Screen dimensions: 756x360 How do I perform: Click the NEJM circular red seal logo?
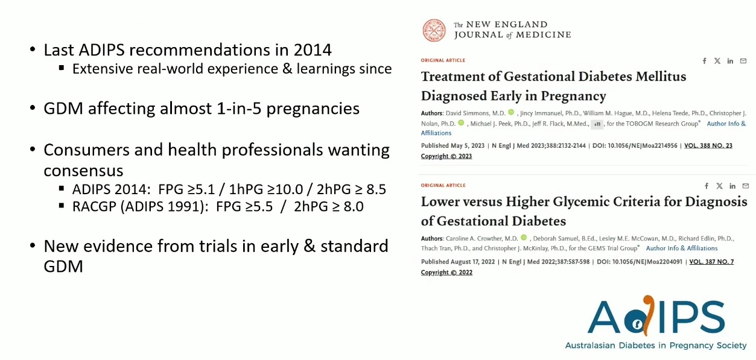click(x=434, y=30)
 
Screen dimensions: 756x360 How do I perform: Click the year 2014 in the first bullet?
click(x=313, y=50)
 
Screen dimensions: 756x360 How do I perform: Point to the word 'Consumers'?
click(x=86, y=150)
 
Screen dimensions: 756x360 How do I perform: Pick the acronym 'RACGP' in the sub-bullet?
click(x=94, y=206)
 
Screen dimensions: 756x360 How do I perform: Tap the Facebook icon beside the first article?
click(x=704, y=61)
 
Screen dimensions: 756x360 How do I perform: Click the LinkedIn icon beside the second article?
click(x=732, y=186)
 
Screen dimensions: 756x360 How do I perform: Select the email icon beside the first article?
click(x=743, y=61)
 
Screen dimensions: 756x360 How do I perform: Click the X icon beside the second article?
click(x=720, y=186)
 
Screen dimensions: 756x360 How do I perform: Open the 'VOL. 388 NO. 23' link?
click(x=708, y=146)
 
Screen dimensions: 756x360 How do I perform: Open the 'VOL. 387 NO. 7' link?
click(x=711, y=262)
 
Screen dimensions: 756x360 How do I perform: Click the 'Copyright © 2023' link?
click(x=446, y=156)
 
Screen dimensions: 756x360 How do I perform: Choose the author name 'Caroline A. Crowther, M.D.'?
click(x=481, y=239)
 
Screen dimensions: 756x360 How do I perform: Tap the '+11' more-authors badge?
click(x=597, y=124)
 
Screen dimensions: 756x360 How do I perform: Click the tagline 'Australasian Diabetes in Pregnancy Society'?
click(x=656, y=346)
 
